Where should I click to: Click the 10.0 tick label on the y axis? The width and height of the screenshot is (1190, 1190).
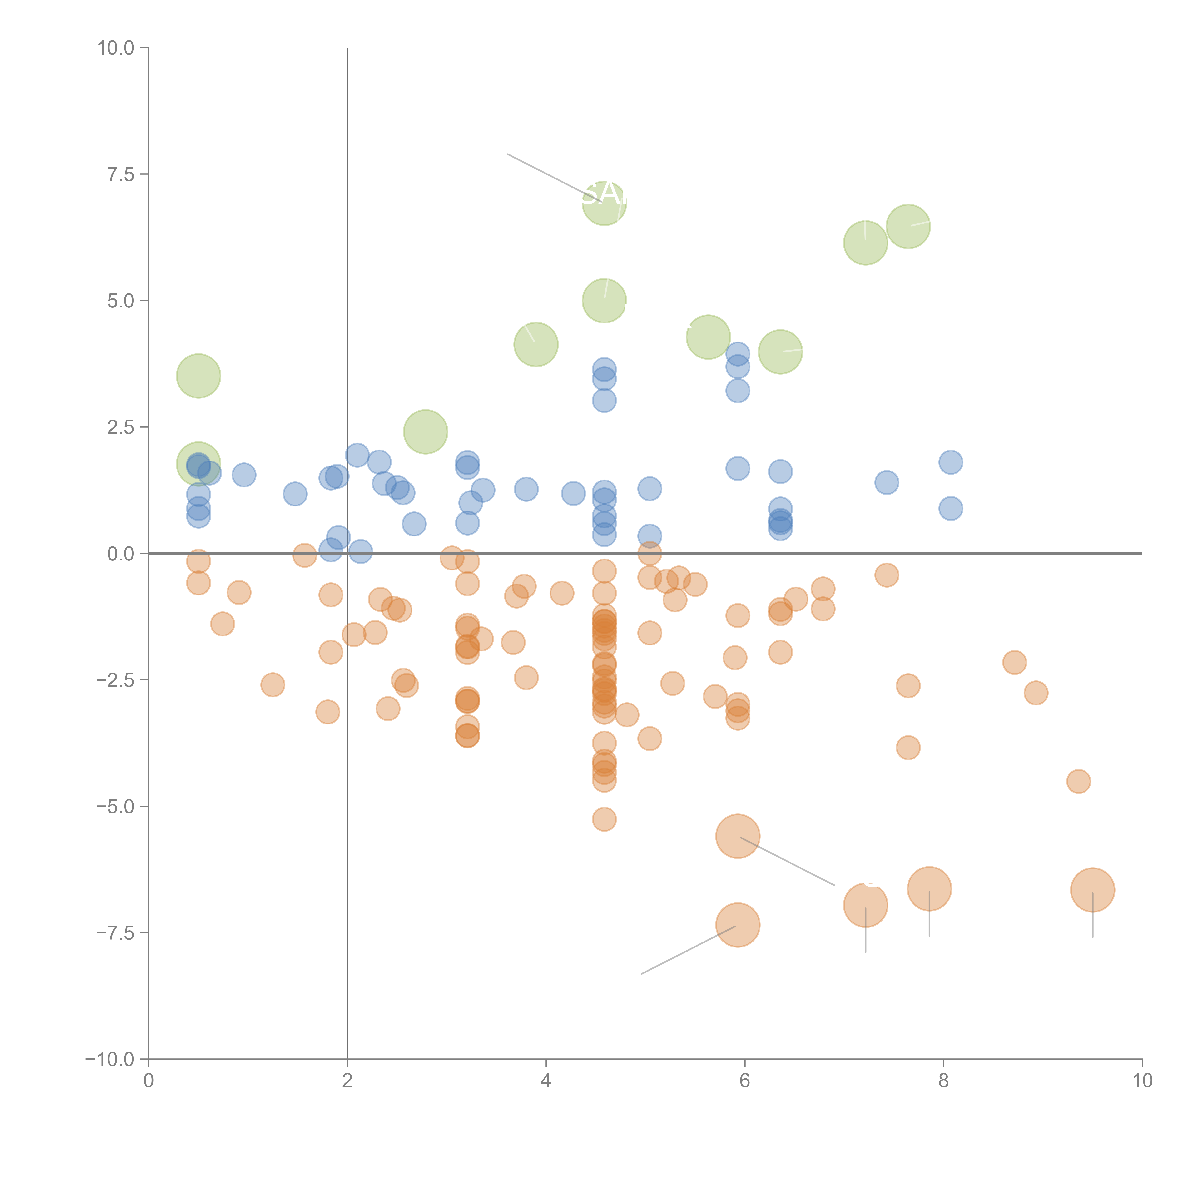[x=116, y=48]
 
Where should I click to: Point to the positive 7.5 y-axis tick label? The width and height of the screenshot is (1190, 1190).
[x=121, y=174]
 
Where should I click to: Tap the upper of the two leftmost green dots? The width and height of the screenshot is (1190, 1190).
[x=198, y=376]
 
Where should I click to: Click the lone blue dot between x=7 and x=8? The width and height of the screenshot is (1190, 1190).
[x=886, y=482]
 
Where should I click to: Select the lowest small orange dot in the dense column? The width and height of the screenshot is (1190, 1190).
[x=604, y=819]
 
